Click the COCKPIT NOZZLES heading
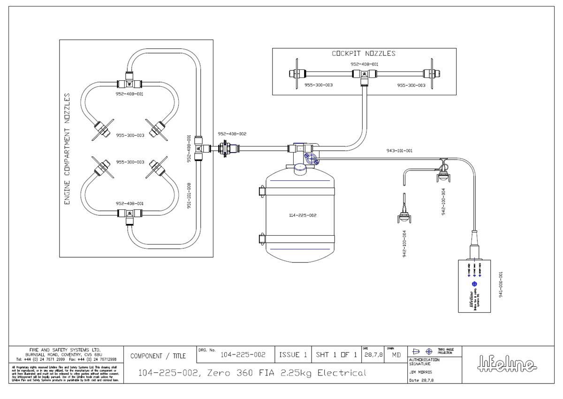(x=364, y=54)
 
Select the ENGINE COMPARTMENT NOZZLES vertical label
(x=67, y=149)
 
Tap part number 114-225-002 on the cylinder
(x=303, y=215)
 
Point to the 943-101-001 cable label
(x=396, y=151)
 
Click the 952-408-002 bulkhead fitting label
(x=232, y=134)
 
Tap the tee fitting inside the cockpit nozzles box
(x=363, y=74)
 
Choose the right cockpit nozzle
(x=430, y=74)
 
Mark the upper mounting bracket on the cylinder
(x=262, y=192)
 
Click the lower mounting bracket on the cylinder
(x=262, y=238)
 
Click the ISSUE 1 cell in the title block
(x=293, y=355)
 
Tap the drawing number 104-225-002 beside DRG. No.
(x=243, y=355)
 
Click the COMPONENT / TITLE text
(x=159, y=356)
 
